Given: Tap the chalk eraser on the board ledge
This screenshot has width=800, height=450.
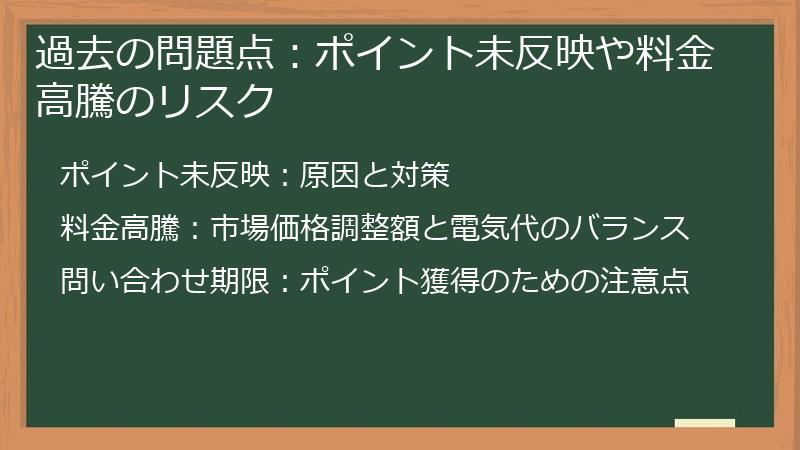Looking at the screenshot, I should pos(704,423).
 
